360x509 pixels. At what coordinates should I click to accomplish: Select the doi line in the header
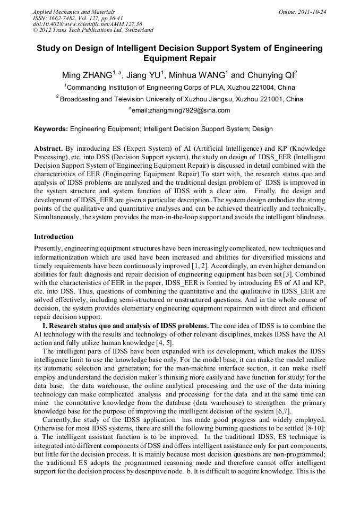[87, 24]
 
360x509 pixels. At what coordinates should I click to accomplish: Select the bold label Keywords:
[51, 129]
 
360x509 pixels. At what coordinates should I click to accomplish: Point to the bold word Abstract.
[48, 148]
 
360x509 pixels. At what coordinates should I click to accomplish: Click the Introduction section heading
[54, 236]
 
